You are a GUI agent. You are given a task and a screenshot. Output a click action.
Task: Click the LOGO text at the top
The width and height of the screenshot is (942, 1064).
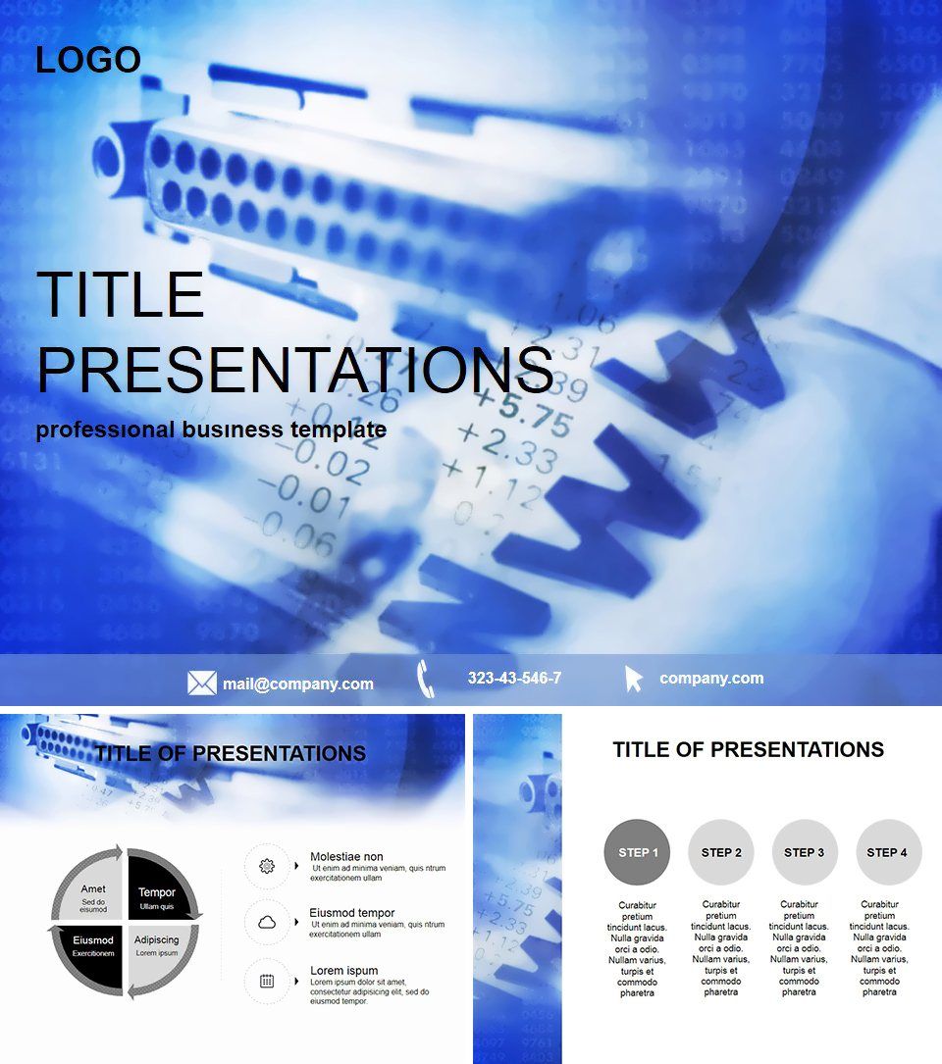[x=88, y=60]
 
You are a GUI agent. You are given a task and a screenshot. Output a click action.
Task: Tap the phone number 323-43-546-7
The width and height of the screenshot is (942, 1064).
[x=514, y=678]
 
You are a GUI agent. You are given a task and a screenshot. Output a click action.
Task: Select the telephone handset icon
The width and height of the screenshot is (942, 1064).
[x=425, y=679]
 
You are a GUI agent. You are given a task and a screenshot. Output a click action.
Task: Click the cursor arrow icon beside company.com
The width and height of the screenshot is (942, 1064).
[x=634, y=679]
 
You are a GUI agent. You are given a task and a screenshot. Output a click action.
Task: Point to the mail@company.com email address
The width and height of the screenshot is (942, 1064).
[x=297, y=684]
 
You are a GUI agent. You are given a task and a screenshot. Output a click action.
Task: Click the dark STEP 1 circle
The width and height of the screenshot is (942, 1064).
[x=638, y=852]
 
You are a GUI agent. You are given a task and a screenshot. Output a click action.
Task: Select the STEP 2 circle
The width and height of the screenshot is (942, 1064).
[x=721, y=852]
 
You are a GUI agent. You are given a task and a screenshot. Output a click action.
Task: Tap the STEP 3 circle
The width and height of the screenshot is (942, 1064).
[x=805, y=852]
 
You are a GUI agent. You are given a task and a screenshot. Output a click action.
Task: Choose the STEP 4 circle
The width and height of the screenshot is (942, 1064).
[x=888, y=852]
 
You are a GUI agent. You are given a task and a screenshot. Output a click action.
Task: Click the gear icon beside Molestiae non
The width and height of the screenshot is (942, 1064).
[x=266, y=866]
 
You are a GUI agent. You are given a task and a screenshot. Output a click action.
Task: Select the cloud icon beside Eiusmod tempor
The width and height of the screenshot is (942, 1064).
[x=266, y=923]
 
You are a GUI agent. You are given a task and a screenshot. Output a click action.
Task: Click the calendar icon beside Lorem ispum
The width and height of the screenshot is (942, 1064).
[x=266, y=980]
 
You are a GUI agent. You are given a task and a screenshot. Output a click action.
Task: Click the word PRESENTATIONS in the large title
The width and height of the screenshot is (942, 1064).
[x=294, y=370]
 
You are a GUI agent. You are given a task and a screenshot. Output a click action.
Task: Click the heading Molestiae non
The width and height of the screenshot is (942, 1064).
[x=346, y=857]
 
